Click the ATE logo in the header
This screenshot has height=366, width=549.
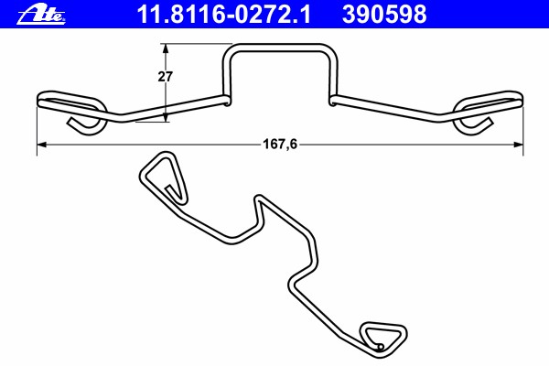[41, 15]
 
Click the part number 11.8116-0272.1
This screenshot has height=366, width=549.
[223, 15]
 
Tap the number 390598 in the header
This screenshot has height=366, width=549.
[384, 15]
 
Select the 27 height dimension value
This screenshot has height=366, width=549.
[165, 77]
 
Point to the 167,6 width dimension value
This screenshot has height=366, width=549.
[280, 144]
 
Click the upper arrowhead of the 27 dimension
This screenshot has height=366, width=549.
[166, 49]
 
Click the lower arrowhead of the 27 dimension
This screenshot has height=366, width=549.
[166, 116]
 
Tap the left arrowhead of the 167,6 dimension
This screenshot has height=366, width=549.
[42, 145]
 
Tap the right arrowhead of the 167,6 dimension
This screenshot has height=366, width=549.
[518, 145]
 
